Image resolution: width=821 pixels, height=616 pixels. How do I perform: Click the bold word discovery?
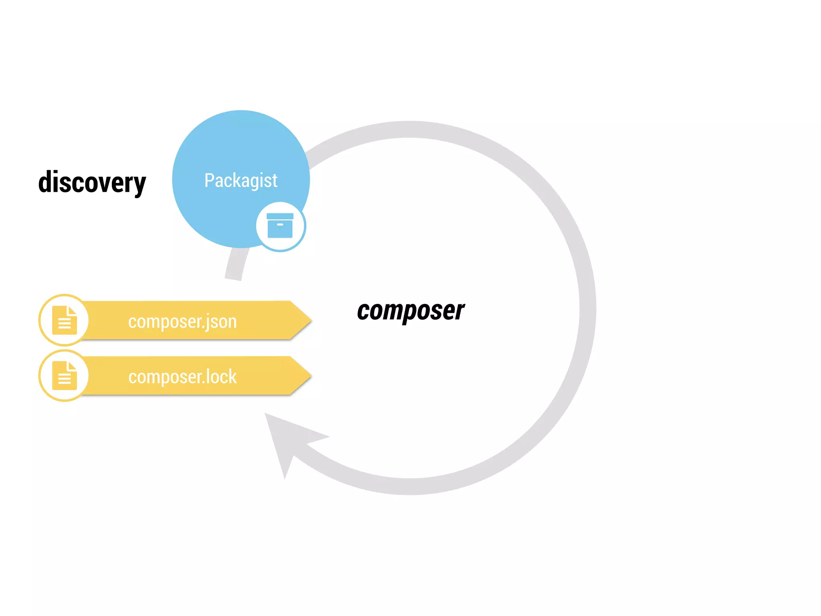[92, 182]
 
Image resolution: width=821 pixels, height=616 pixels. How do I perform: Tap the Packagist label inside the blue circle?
[241, 180]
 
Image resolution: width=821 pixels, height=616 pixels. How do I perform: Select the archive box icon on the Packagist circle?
[280, 226]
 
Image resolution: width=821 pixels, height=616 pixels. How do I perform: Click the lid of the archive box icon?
[280, 216]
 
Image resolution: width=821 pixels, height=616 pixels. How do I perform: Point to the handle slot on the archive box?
[280, 225]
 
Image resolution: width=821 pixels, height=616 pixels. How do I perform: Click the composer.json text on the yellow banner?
[182, 322]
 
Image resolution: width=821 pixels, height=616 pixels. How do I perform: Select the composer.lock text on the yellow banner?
[182, 377]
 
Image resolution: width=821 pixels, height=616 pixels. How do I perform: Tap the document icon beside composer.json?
[65, 320]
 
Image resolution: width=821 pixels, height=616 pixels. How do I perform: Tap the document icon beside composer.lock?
[65, 375]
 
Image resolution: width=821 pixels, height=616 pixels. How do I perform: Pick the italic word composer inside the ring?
[410, 311]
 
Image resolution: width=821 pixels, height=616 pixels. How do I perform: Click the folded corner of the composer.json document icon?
[73, 310]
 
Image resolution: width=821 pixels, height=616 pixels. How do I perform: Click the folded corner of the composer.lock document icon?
[73, 366]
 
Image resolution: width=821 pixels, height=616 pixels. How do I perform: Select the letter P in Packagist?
[209, 180]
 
